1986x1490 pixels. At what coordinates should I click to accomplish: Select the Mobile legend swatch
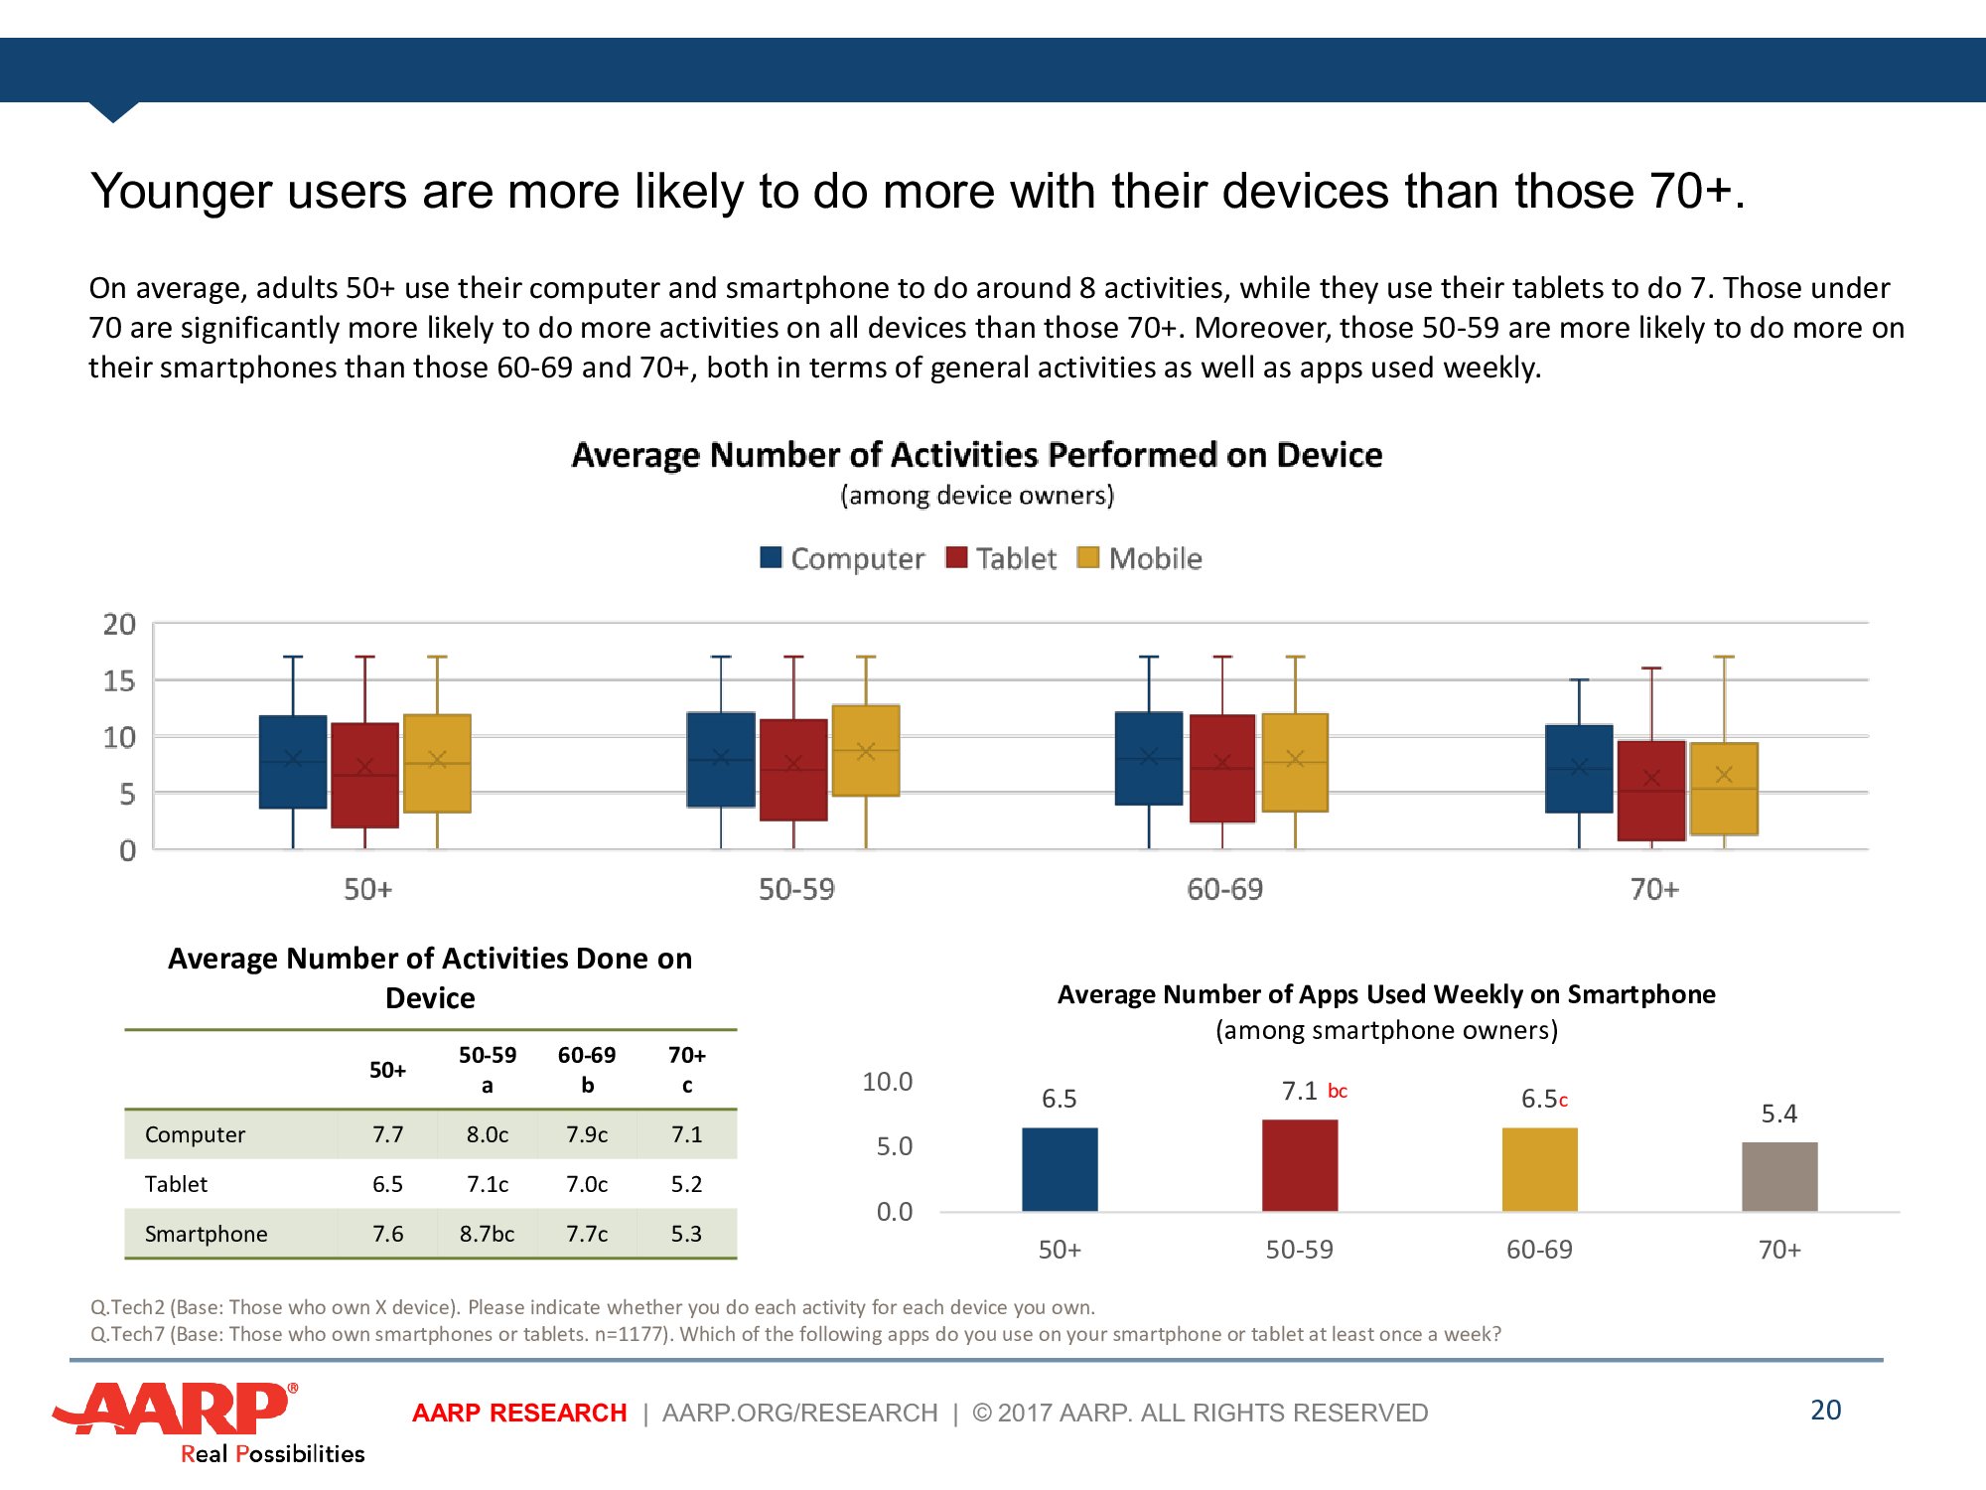[x=1088, y=557]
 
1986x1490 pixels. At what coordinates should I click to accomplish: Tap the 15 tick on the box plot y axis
[x=119, y=681]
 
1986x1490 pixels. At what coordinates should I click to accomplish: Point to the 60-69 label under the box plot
[x=1224, y=889]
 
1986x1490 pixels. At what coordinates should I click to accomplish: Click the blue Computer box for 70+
[x=1579, y=769]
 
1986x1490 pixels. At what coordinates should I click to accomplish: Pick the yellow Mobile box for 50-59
[x=866, y=750]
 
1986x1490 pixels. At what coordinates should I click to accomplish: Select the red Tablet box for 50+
[x=364, y=775]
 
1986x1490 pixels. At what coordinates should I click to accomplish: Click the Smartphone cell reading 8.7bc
[x=487, y=1234]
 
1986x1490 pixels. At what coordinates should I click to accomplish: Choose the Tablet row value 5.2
[x=686, y=1184]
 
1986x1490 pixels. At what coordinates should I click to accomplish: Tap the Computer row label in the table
[x=195, y=1134]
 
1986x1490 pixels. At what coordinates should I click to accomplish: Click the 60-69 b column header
[x=587, y=1069]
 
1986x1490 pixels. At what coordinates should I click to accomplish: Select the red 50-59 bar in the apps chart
[x=1299, y=1165]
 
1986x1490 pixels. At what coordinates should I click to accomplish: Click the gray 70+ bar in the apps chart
[x=1779, y=1176]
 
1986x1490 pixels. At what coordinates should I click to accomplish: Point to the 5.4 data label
[x=1778, y=1114]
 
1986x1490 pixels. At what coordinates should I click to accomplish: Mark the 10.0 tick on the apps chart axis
[x=887, y=1082]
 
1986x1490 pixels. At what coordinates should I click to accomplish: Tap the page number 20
[x=1825, y=1410]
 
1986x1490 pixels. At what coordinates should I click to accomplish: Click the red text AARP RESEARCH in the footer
[x=519, y=1413]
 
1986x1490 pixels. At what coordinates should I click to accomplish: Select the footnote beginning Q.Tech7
[x=794, y=1334]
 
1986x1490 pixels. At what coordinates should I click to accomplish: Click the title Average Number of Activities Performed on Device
[x=977, y=455]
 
